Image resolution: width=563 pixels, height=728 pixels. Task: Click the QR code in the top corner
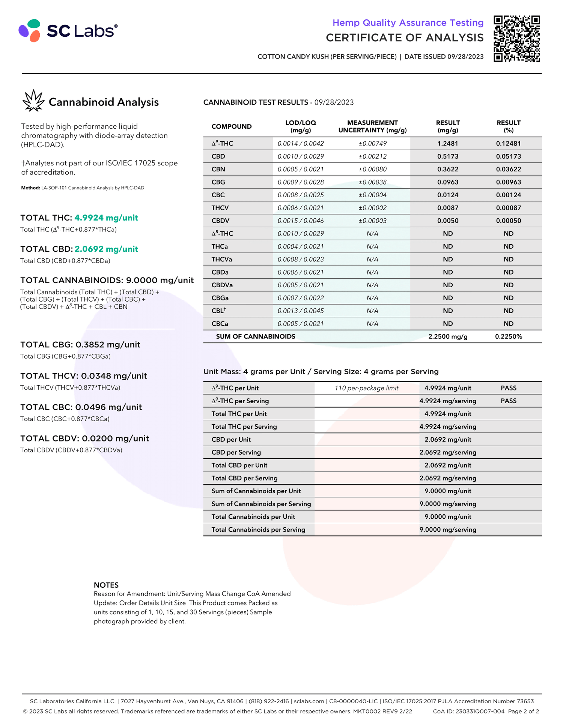[x=516, y=39]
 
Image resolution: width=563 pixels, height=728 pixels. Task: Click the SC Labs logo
[x=68, y=31]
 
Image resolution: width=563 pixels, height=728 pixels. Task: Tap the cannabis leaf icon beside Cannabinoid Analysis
[x=33, y=101]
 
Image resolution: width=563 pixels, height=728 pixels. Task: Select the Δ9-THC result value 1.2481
[x=447, y=144]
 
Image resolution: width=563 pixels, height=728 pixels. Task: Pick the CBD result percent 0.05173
[x=508, y=156]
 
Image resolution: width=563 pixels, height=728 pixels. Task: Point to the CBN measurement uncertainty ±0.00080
[x=372, y=169]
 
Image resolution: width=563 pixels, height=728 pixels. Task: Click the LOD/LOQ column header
[x=301, y=126]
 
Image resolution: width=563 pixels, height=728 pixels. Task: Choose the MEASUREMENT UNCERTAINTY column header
[x=372, y=126]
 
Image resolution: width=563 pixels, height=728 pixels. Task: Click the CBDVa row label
[x=222, y=285]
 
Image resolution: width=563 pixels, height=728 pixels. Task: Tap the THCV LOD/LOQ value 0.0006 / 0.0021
[x=301, y=208]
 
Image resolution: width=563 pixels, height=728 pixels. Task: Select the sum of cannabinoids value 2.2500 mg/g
[x=447, y=336]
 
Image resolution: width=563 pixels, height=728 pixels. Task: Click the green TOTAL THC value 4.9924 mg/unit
[x=106, y=218]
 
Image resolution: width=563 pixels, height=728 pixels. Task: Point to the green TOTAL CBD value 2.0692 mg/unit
[x=106, y=249]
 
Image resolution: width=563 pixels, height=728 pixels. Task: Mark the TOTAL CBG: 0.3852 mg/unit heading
[x=80, y=345]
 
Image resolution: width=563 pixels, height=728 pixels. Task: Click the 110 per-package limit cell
[x=366, y=388]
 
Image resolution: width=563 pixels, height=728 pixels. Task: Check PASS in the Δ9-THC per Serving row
[x=508, y=401]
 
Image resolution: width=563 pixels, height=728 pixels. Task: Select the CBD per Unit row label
[x=231, y=440]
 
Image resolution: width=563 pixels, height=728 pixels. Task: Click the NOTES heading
[x=106, y=585]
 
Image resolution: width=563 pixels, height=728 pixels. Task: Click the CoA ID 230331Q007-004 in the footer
[x=468, y=711]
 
